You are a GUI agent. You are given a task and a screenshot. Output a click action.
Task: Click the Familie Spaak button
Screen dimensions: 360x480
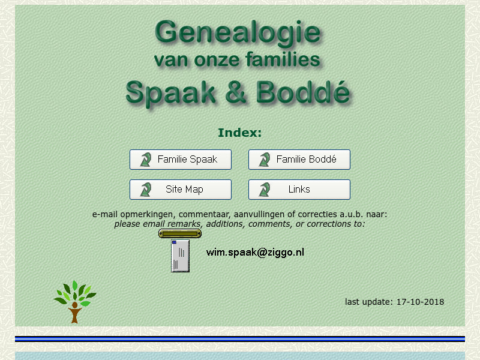click(x=181, y=160)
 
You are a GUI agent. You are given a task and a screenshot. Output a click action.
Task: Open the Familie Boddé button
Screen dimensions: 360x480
click(x=299, y=160)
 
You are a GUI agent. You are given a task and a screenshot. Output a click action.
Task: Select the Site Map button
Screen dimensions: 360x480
click(x=181, y=190)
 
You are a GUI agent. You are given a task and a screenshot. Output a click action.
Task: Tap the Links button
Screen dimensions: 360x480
click(x=299, y=190)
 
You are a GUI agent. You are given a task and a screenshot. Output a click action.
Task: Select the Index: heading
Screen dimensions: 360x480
click(x=239, y=133)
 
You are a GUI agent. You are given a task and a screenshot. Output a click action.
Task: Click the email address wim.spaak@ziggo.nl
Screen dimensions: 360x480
click(x=255, y=252)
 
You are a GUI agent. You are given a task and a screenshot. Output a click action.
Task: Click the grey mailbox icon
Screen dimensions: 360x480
click(x=180, y=256)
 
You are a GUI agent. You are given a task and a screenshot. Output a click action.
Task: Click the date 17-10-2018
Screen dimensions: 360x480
click(x=420, y=302)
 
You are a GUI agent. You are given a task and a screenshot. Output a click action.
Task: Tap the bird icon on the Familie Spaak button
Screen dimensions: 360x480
click(x=145, y=160)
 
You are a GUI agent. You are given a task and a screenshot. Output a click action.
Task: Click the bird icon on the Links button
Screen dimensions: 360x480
click(x=264, y=190)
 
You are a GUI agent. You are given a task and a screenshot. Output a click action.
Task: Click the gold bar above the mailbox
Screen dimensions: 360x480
click(x=179, y=233)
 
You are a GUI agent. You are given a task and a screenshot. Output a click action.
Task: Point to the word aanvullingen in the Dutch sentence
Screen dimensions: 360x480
click(x=258, y=214)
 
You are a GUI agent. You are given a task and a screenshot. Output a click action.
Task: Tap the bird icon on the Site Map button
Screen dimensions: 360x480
click(x=145, y=190)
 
